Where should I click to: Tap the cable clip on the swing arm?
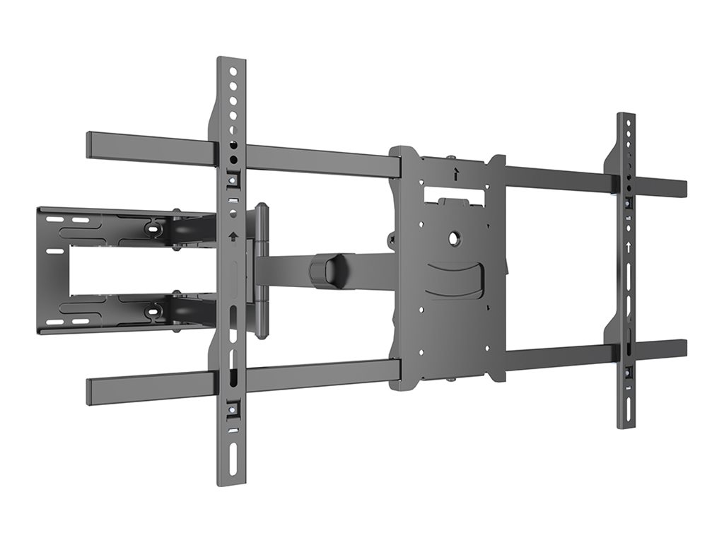(x=327, y=269)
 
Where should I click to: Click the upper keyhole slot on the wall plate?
(x=152, y=227)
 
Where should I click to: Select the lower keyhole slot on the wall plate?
(x=152, y=310)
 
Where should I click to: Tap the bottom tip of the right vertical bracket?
(x=626, y=424)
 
